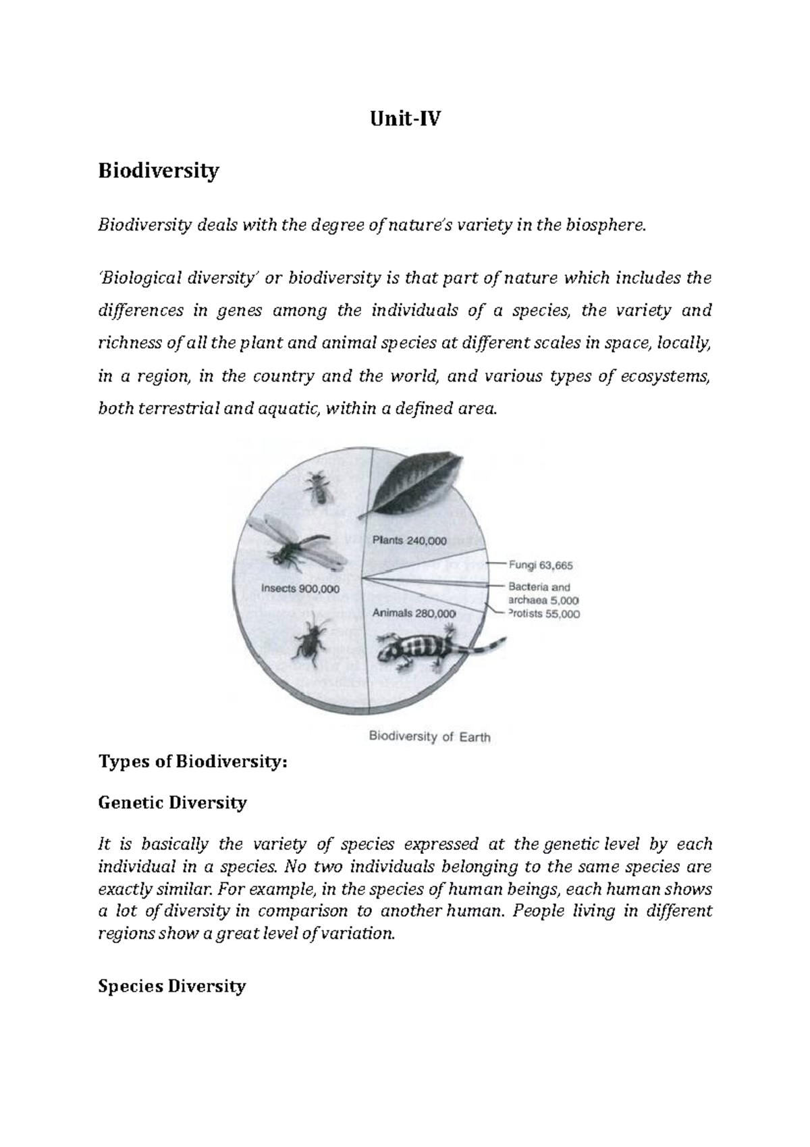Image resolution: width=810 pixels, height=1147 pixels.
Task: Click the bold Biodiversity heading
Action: [159, 171]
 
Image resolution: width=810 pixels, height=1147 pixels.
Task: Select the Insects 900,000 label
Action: [300, 588]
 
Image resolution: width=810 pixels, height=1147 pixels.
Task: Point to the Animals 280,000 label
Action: [414, 613]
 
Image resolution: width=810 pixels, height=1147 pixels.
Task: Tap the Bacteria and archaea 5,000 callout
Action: [542, 594]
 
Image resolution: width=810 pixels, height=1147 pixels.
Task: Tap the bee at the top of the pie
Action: [317, 487]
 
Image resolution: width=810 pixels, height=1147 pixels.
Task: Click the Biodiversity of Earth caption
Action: [429, 736]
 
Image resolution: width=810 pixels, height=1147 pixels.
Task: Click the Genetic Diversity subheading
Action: [172, 802]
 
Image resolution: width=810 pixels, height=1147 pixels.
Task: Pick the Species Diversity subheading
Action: [171, 986]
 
